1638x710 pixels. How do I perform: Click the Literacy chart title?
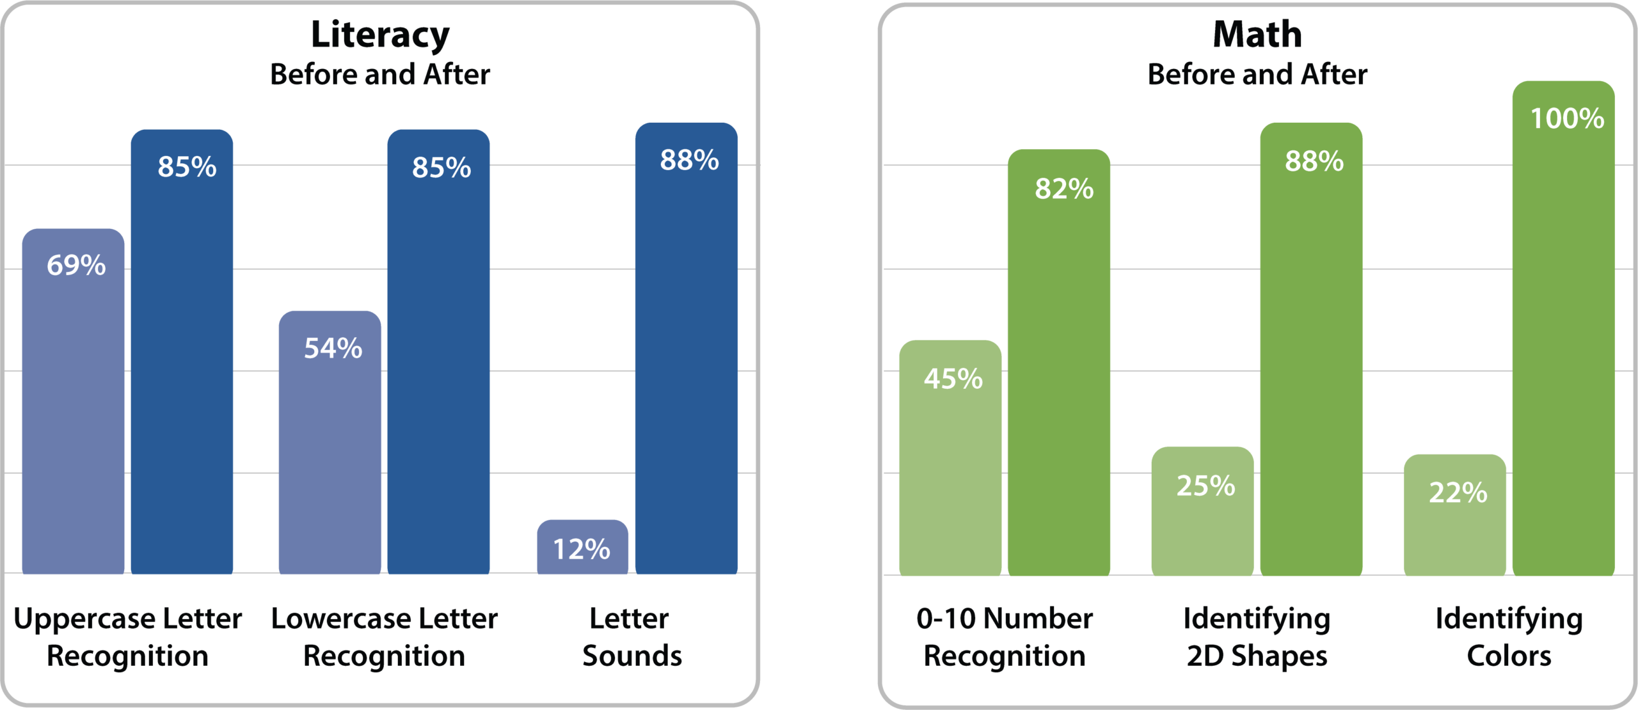pyautogui.click(x=380, y=35)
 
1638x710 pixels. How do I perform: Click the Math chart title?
pyautogui.click(x=1257, y=35)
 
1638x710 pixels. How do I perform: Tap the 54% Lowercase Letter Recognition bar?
pyautogui.click(x=330, y=448)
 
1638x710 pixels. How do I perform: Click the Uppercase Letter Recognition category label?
pyautogui.click(x=128, y=637)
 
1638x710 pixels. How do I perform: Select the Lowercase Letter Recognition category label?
pyautogui.click(x=384, y=637)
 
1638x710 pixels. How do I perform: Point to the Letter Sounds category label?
pyautogui.click(x=632, y=637)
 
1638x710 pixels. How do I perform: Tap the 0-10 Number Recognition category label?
pyautogui.click(x=1005, y=637)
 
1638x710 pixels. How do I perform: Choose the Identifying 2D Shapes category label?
pyautogui.click(x=1257, y=637)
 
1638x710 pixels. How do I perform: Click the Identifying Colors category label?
pyautogui.click(x=1509, y=637)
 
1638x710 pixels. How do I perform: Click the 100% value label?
pyautogui.click(x=1567, y=119)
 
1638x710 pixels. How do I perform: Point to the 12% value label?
pyautogui.click(x=582, y=549)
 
